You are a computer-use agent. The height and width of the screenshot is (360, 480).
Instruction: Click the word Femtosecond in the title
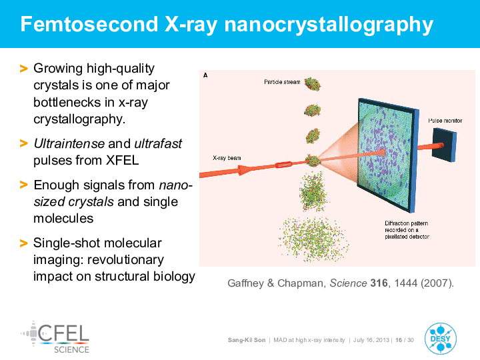89,24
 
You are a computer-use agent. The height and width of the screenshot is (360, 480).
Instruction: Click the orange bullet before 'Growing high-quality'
23,69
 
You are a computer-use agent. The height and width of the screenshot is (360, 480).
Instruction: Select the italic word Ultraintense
69,143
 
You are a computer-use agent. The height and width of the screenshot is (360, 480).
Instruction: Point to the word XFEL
123,161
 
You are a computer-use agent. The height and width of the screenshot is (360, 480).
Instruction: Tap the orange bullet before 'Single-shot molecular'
23,243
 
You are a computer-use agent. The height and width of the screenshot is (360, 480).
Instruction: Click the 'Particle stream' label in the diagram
282,82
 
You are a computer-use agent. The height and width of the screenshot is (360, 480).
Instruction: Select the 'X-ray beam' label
227,158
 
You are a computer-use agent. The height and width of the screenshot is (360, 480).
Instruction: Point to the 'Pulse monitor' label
445,121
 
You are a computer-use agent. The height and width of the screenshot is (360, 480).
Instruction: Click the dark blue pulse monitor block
444,145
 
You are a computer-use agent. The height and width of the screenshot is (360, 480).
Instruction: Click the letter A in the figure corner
205,75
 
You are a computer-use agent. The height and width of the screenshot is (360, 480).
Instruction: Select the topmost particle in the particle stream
313,84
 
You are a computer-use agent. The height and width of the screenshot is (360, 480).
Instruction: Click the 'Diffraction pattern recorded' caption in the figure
407,230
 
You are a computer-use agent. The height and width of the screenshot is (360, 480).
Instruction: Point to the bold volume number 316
379,283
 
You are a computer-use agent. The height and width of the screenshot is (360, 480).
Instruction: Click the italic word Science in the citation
348,283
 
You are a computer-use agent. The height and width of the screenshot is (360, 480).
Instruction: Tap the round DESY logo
441,339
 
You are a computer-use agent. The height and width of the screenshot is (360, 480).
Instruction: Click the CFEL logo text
64,333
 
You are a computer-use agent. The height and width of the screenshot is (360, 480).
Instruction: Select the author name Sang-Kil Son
247,340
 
